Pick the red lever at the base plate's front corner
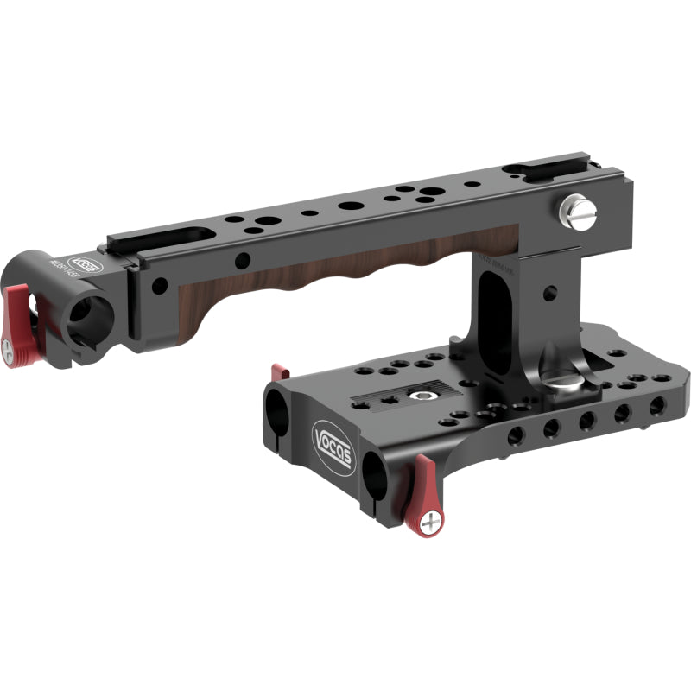point(424,492)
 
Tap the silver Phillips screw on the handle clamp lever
point(10,351)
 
